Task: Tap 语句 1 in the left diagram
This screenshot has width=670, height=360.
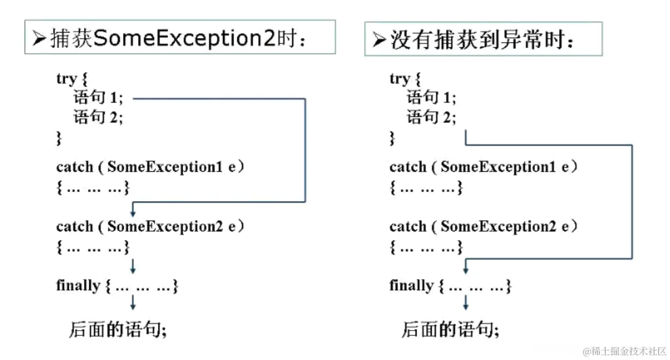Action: click(x=98, y=98)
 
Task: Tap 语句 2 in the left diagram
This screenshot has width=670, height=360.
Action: click(x=98, y=117)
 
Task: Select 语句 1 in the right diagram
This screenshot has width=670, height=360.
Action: click(x=431, y=98)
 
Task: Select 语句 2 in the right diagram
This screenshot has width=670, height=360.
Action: click(x=431, y=117)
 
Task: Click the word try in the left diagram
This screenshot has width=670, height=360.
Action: click(x=66, y=79)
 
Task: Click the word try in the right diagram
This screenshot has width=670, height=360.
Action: click(x=400, y=79)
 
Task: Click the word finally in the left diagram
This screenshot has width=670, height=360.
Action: click(x=78, y=286)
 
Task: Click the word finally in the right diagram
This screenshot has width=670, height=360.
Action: click(x=411, y=286)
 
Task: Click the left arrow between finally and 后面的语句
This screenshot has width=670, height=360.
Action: click(x=133, y=302)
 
